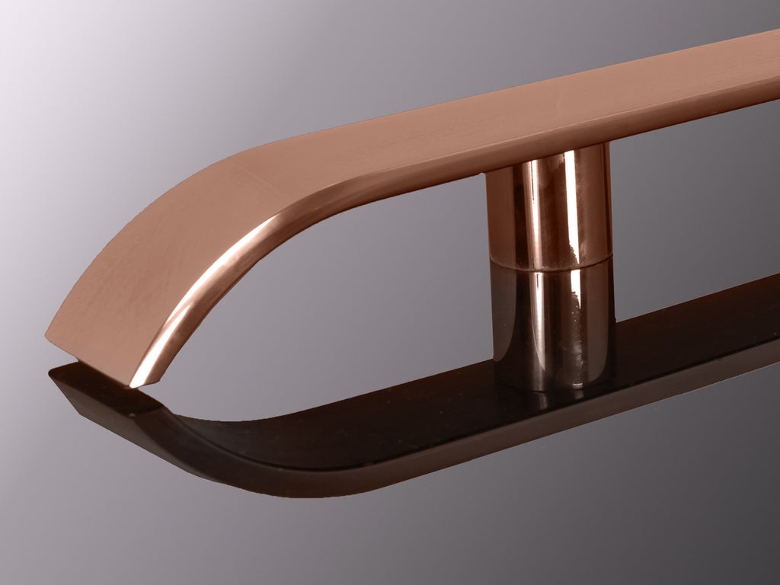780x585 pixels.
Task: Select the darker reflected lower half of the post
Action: [x=552, y=320]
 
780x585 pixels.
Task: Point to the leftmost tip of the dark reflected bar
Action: [x=52, y=373]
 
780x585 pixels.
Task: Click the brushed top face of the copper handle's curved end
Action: [x=152, y=251]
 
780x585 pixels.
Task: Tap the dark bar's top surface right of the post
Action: [x=686, y=335]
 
